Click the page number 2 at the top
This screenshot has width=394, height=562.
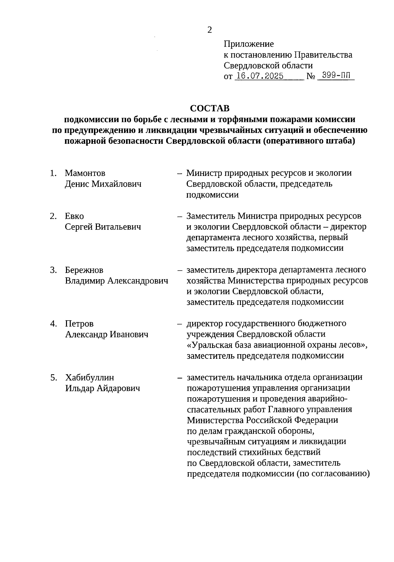point(209,30)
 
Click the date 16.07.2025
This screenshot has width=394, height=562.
point(260,76)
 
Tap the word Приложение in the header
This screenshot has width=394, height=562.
point(249,44)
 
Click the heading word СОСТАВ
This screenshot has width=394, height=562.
point(210,108)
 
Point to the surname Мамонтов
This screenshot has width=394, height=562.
point(85,173)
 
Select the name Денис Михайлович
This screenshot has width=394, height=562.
point(103,184)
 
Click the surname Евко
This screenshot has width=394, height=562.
point(74,216)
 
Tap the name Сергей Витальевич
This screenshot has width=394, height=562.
point(103,227)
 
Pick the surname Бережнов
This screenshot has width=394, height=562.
point(84,270)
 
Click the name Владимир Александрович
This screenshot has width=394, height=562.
point(117,281)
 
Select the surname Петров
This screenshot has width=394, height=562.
point(79,324)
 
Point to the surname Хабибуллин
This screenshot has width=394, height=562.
point(90,378)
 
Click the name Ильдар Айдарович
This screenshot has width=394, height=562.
point(102,388)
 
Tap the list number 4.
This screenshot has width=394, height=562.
point(53,324)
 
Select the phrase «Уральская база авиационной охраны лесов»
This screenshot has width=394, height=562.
point(276,345)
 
